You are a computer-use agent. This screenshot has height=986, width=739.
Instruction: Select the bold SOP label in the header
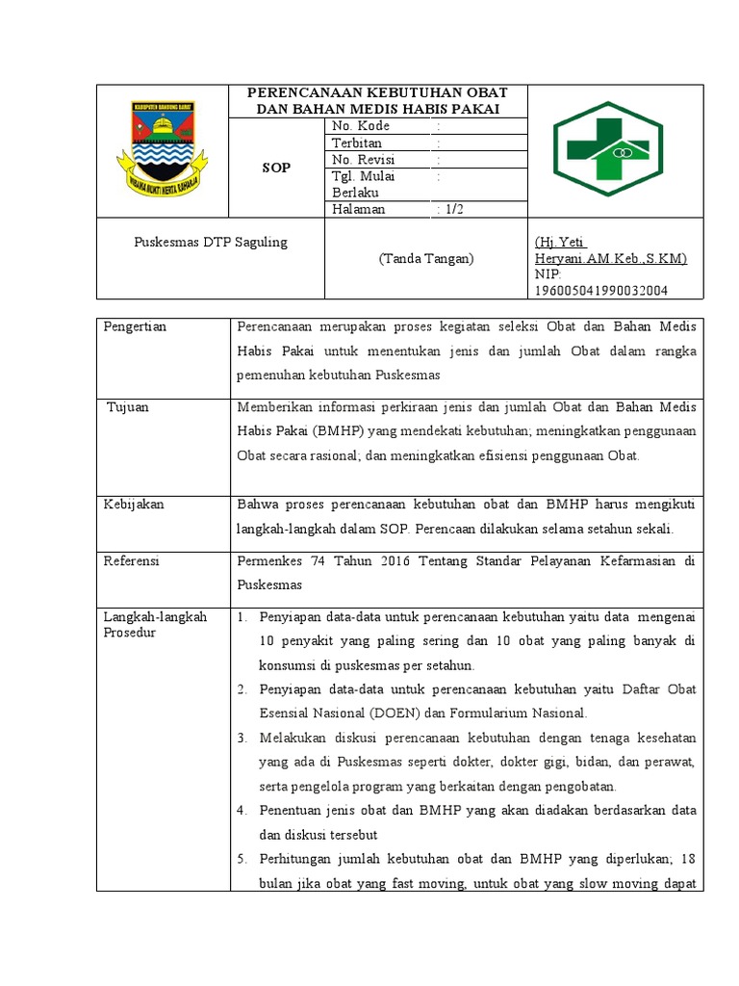click(276, 168)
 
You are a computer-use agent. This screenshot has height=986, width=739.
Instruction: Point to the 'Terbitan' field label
click(357, 143)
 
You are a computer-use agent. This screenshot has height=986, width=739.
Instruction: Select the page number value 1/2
click(450, 209)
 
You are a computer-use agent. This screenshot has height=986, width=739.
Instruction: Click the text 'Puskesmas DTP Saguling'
click(210, 242)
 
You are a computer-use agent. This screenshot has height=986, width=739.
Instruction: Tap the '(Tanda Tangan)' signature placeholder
click(425, 258)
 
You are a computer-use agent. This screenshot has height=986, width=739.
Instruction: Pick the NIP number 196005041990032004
click(601, 290)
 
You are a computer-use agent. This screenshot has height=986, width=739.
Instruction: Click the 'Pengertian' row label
click(135, 326)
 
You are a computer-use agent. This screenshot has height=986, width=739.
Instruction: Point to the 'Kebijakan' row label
click(134, 504)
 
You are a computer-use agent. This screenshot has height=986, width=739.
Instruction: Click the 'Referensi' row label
click(133, 560)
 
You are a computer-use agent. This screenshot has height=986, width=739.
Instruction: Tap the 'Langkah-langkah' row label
click(155, 617)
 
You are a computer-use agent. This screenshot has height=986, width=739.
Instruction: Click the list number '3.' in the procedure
click(242, 738)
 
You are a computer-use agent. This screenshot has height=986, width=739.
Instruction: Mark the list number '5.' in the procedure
click(242, 858)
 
